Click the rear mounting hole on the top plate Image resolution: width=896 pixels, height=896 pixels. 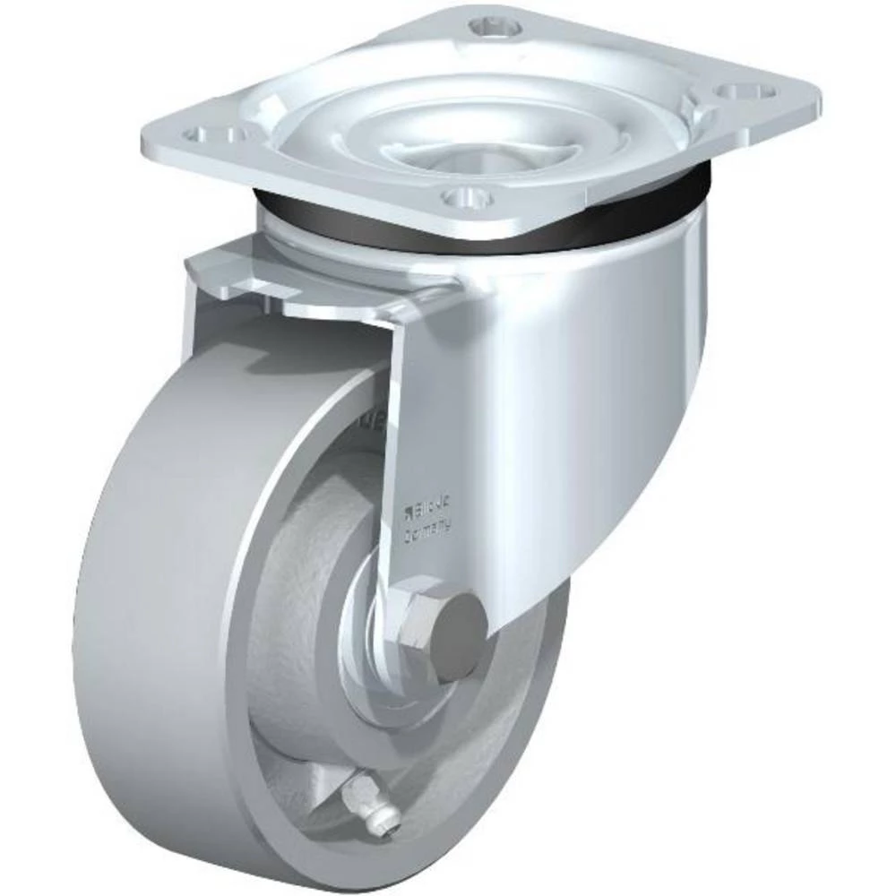tap(495, 27)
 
